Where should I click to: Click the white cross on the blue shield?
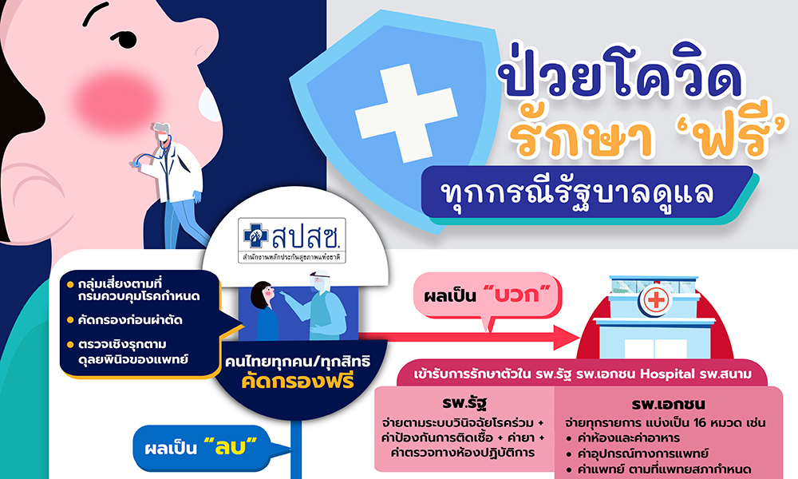(405, 113)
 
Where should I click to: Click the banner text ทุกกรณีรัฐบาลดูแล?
(578, 192)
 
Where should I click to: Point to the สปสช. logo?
(292, 240)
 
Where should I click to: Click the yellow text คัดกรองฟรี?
(298, 381)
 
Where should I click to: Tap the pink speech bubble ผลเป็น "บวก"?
(488, 296)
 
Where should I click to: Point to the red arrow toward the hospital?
(468, 337)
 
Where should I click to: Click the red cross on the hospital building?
(655, 299)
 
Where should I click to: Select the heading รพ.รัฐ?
(464, 403)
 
